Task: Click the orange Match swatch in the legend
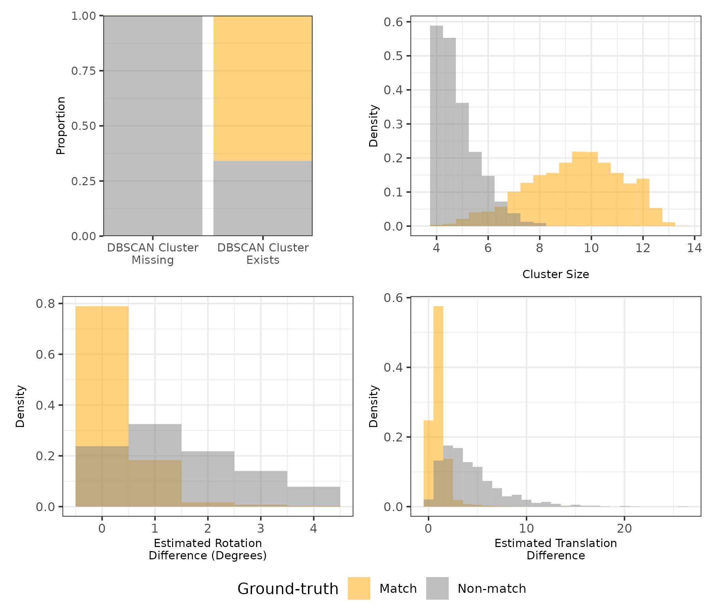359,588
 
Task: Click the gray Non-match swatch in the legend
437,588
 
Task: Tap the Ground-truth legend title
287,589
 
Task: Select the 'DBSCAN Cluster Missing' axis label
153,254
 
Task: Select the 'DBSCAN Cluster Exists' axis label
263,254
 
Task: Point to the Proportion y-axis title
60,126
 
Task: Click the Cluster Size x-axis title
556,274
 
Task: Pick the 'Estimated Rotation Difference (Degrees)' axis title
208,549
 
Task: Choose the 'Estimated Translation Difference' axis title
556,549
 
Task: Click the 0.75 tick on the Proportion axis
83,71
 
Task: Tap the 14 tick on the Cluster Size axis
694,248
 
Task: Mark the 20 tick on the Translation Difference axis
624,529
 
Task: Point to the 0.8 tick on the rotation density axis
45,304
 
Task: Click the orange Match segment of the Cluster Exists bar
263,88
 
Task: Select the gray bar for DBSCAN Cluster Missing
153,126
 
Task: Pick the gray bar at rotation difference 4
313,496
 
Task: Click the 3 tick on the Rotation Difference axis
261,529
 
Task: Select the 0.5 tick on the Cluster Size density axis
393,56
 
